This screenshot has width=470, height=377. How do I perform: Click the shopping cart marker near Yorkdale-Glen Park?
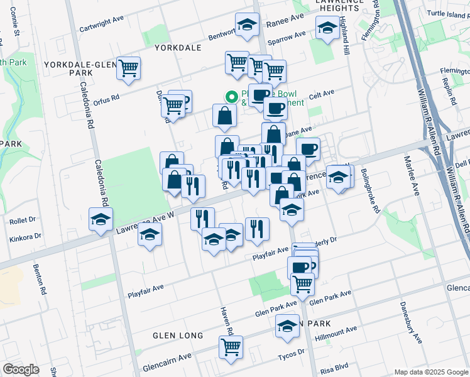point(128,68)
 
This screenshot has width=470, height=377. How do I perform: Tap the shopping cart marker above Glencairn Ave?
point(231,346)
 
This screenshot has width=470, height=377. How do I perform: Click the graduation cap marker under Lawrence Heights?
point(327,28)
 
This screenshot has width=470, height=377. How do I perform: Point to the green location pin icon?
point(231,97)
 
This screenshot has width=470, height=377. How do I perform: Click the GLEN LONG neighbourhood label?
point(178,336)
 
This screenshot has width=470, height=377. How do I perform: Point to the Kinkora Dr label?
point(25,238)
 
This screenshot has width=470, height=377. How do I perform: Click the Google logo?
point(21,369)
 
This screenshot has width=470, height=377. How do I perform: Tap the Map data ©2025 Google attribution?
point(430,371)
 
